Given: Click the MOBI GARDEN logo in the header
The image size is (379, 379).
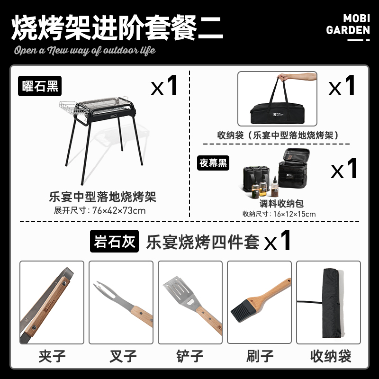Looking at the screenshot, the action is click(348, 27).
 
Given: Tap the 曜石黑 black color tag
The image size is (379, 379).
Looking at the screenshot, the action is click(40, 86).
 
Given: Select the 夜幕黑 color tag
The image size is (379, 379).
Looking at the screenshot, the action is click(213, 163).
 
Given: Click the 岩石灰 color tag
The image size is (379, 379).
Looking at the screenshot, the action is click(114, 241).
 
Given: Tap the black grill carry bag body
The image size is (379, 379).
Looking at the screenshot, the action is click(277, 114).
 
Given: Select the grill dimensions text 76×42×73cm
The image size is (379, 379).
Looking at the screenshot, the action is click(119, 210).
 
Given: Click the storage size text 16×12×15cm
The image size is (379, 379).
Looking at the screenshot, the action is click(294, 214).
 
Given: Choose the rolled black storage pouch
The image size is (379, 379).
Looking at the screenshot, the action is click(332, 303).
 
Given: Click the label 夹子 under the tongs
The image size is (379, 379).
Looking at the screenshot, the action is click(52, 356).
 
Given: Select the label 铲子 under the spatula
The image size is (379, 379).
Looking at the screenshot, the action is click(190, 356).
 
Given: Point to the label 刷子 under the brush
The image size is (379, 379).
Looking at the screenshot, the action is click(260, 356).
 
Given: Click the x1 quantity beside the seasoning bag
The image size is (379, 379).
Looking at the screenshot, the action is click(344, 169).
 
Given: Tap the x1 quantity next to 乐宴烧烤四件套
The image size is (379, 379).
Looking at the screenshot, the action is click(277, 240).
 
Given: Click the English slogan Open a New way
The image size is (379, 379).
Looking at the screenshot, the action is click(85, 50).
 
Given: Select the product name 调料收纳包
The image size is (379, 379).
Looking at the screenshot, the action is click(281, 204).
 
